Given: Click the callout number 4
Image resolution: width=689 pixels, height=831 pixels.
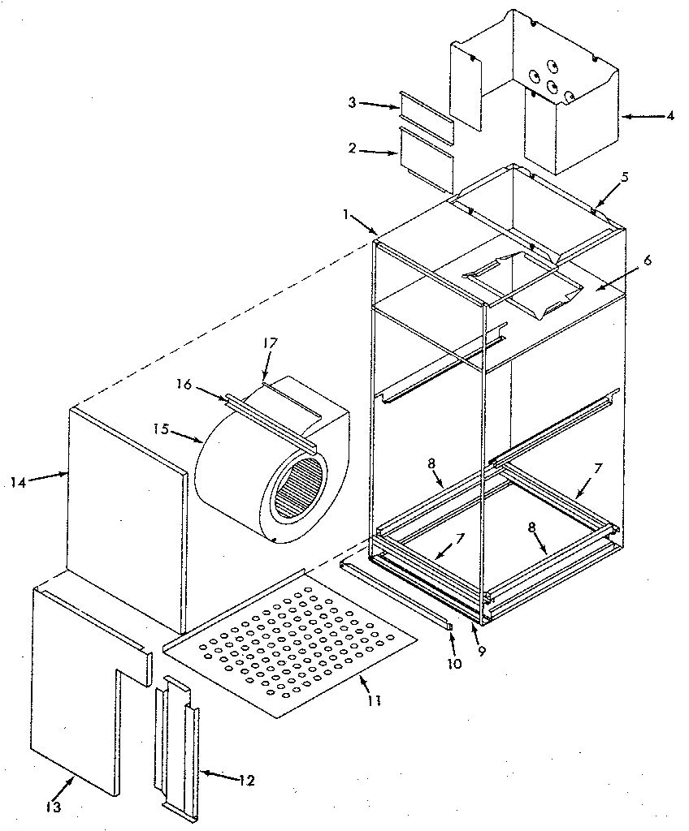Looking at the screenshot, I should coord(670,115).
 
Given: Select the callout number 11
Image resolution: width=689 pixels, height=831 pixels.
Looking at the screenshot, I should coord(374,698).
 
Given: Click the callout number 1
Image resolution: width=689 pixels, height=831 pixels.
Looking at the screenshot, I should coord(347,216).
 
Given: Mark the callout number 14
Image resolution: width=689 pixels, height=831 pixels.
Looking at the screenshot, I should coord(19,482).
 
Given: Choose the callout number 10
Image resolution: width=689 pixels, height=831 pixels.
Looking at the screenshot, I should coord(453,664).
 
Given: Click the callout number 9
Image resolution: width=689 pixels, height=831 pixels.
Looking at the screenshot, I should coord(483,650).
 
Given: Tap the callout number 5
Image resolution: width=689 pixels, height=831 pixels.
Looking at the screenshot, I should coord(624,176).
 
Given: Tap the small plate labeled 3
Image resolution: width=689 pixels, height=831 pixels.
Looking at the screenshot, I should coord(425,114).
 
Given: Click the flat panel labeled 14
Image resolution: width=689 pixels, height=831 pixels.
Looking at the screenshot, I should coord(126,519).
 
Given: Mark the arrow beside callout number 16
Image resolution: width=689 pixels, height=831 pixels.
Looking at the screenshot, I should coord(214,392).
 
